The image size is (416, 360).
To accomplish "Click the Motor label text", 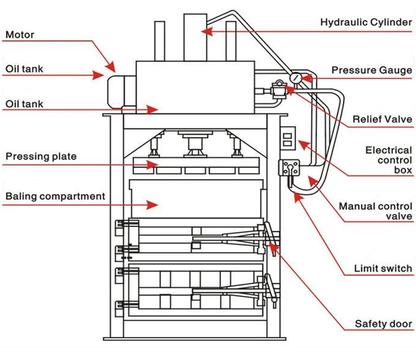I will point(20,35).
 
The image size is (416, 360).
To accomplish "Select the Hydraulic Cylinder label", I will point(366,23).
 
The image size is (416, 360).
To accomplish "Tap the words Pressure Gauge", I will point(372,70).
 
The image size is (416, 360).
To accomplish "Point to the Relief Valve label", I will point(382,119).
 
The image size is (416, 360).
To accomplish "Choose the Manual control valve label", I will point(376,211).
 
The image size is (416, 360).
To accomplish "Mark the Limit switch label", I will point(383,269).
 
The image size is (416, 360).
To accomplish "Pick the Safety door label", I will point(384,323).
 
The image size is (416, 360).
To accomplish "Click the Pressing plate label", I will point(41,156).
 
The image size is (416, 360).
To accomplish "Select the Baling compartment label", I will point(55,196).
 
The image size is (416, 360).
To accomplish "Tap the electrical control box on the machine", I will point(288,138).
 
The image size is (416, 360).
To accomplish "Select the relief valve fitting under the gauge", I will point(277,88).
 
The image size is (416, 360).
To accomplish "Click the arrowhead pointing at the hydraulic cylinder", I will point(206,32).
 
